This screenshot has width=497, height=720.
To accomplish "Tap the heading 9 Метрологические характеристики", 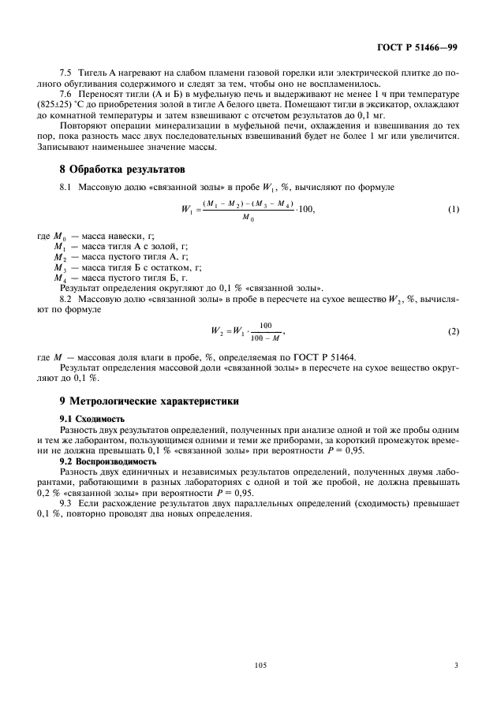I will click(x=149, y=401).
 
